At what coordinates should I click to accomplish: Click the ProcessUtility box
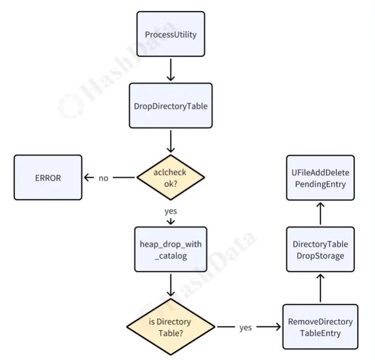click(x=171, y=34)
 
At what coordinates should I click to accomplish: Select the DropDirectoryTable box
click(x=171, y=106)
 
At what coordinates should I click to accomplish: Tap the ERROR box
click(x=48, y=177)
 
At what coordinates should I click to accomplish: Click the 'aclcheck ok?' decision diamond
click(x=171, y=177)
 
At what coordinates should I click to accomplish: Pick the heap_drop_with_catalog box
click(x=171, y=249)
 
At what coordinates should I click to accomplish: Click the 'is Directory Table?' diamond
click(x=171, y=327)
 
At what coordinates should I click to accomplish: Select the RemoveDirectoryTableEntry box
click(x=320, y=327)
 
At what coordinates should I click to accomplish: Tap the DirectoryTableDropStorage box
click(x=320, y=249)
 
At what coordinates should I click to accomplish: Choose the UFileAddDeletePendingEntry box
click(x=320, y=178)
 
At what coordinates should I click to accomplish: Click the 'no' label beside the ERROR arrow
click(x=103, y=178)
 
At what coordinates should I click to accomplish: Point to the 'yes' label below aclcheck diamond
click(x=171, y=211)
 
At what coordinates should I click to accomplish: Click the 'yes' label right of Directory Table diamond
click(x=246, y=328)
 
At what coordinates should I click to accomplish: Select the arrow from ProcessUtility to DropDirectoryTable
click(x=171, y=70)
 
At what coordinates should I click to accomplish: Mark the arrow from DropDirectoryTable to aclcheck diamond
click(x=171, y=141)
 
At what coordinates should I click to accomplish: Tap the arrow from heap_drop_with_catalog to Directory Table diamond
click(x=171, y=285)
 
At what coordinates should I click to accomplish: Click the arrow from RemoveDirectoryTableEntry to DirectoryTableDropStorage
click(x=320, y=288)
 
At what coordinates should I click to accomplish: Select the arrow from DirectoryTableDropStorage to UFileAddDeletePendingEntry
click(x=320, y=214)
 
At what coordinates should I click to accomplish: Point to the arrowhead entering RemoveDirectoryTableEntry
click(x=278, y=327)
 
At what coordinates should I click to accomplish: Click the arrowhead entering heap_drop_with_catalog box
click(x=171, y=222)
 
